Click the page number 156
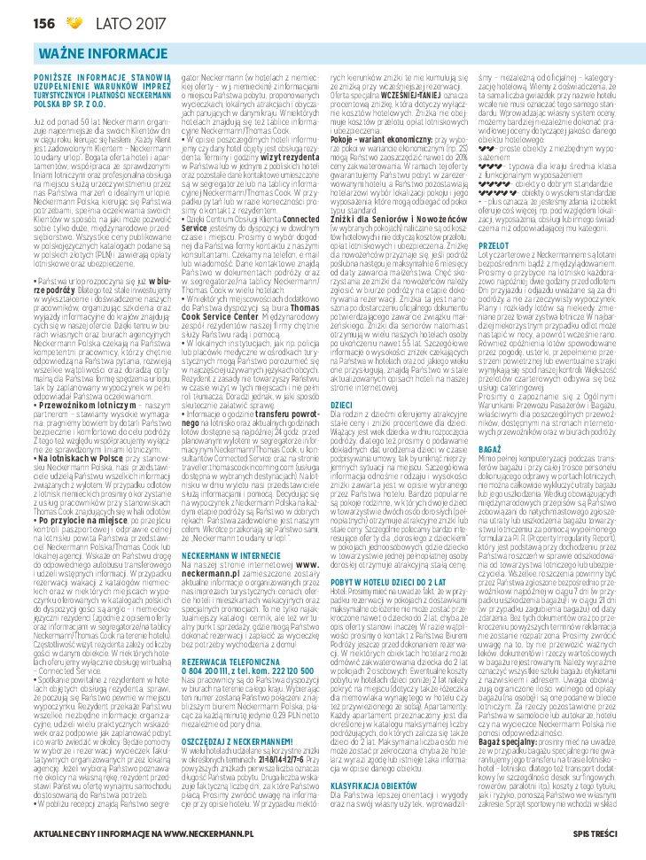(19, 20)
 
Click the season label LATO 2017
(89, 20)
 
